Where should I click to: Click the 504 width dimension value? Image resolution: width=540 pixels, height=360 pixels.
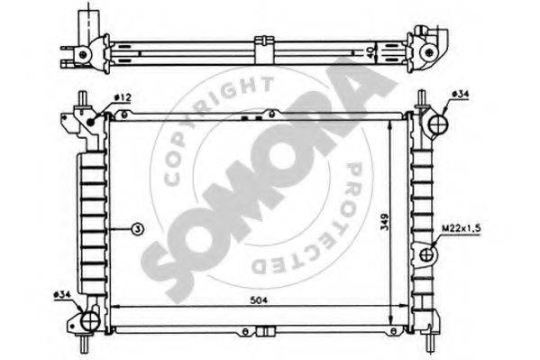[x=259, y=300]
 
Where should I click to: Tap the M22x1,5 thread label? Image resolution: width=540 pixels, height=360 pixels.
[x=462, y=228]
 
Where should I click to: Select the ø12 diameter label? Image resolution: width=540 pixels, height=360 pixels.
[x=123, y=97]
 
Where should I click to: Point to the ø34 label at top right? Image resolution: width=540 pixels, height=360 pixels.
[x=460, y=94]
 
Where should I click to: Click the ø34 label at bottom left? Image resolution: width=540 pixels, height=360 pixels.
[x=62, y=294]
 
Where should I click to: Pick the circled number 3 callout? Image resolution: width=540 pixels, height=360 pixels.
[x=137, y=228]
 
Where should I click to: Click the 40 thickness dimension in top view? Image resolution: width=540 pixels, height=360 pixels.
[x=370, y=52]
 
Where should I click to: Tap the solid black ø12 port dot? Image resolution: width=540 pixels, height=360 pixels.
[x=91, y=122]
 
